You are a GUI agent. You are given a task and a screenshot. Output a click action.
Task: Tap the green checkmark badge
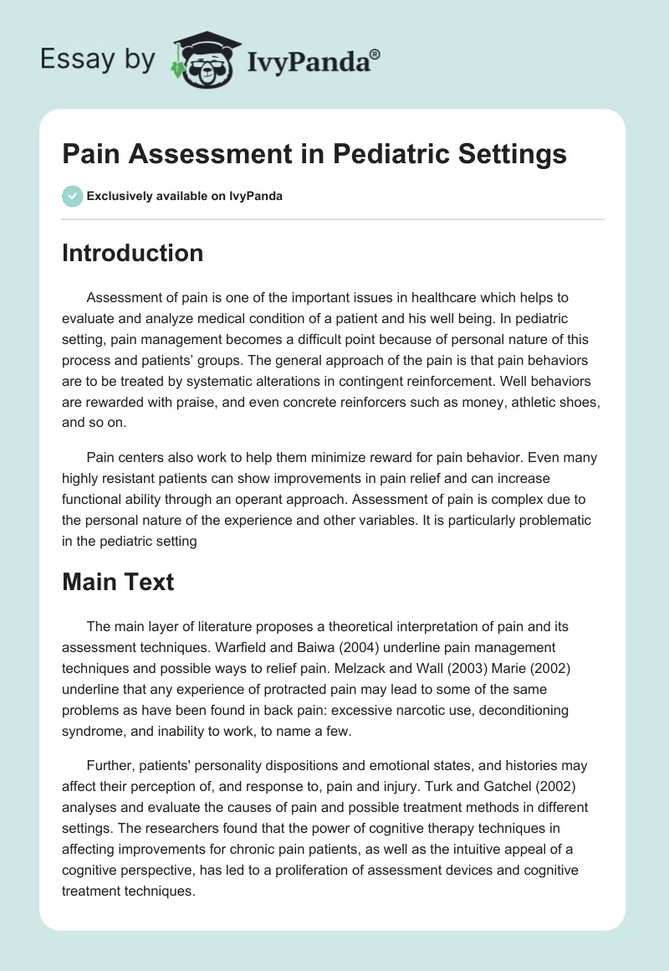pos(72,196)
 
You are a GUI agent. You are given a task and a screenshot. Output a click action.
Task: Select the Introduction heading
pos(132,253)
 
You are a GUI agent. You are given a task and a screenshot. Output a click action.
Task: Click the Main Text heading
pos(118,582)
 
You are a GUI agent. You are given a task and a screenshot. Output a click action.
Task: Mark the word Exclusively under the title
pos(120,197)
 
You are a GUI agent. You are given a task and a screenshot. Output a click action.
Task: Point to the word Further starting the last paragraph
pos(112,765)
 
